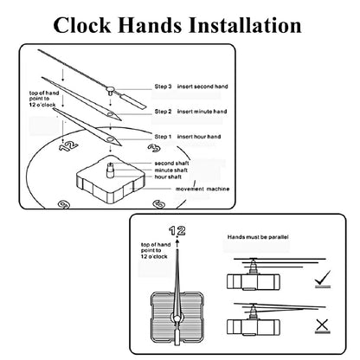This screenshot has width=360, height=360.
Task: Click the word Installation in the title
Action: click(x=245, y=25)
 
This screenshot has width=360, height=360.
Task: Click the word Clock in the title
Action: click(x=82, y=25)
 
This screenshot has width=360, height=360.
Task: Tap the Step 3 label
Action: click(x=163, y=87)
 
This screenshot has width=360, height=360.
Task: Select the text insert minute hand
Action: click(x=202, y=112)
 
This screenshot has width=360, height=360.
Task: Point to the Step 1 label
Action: click(x=163, y=137)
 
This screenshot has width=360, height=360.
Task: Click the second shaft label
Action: click(x=171, y=164)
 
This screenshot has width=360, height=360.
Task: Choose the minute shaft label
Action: click(x=170, y=170)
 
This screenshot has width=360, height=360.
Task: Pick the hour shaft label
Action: click(x=168, y=177)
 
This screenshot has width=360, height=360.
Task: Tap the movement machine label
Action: click(x=202, y=189)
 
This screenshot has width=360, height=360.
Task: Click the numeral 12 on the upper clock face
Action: click(x=68, y=146)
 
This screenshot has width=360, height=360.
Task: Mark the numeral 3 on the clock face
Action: click(x=154, y=148)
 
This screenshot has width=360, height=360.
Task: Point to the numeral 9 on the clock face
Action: click(x=64, y=204)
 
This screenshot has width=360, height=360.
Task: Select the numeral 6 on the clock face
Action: click(x=158, y=204)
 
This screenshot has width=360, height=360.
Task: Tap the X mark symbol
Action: click(x=322, y=325)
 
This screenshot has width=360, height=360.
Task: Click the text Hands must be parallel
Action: click(x=258, y=237)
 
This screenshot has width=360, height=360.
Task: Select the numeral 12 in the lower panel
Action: click(x=177, y=231)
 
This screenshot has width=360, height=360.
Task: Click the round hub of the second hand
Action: click(x=110, y=89)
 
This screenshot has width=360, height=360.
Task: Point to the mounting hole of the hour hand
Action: click(x=110, y=139)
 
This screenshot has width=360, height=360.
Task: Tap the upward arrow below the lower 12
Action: click(x=177, y=242)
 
